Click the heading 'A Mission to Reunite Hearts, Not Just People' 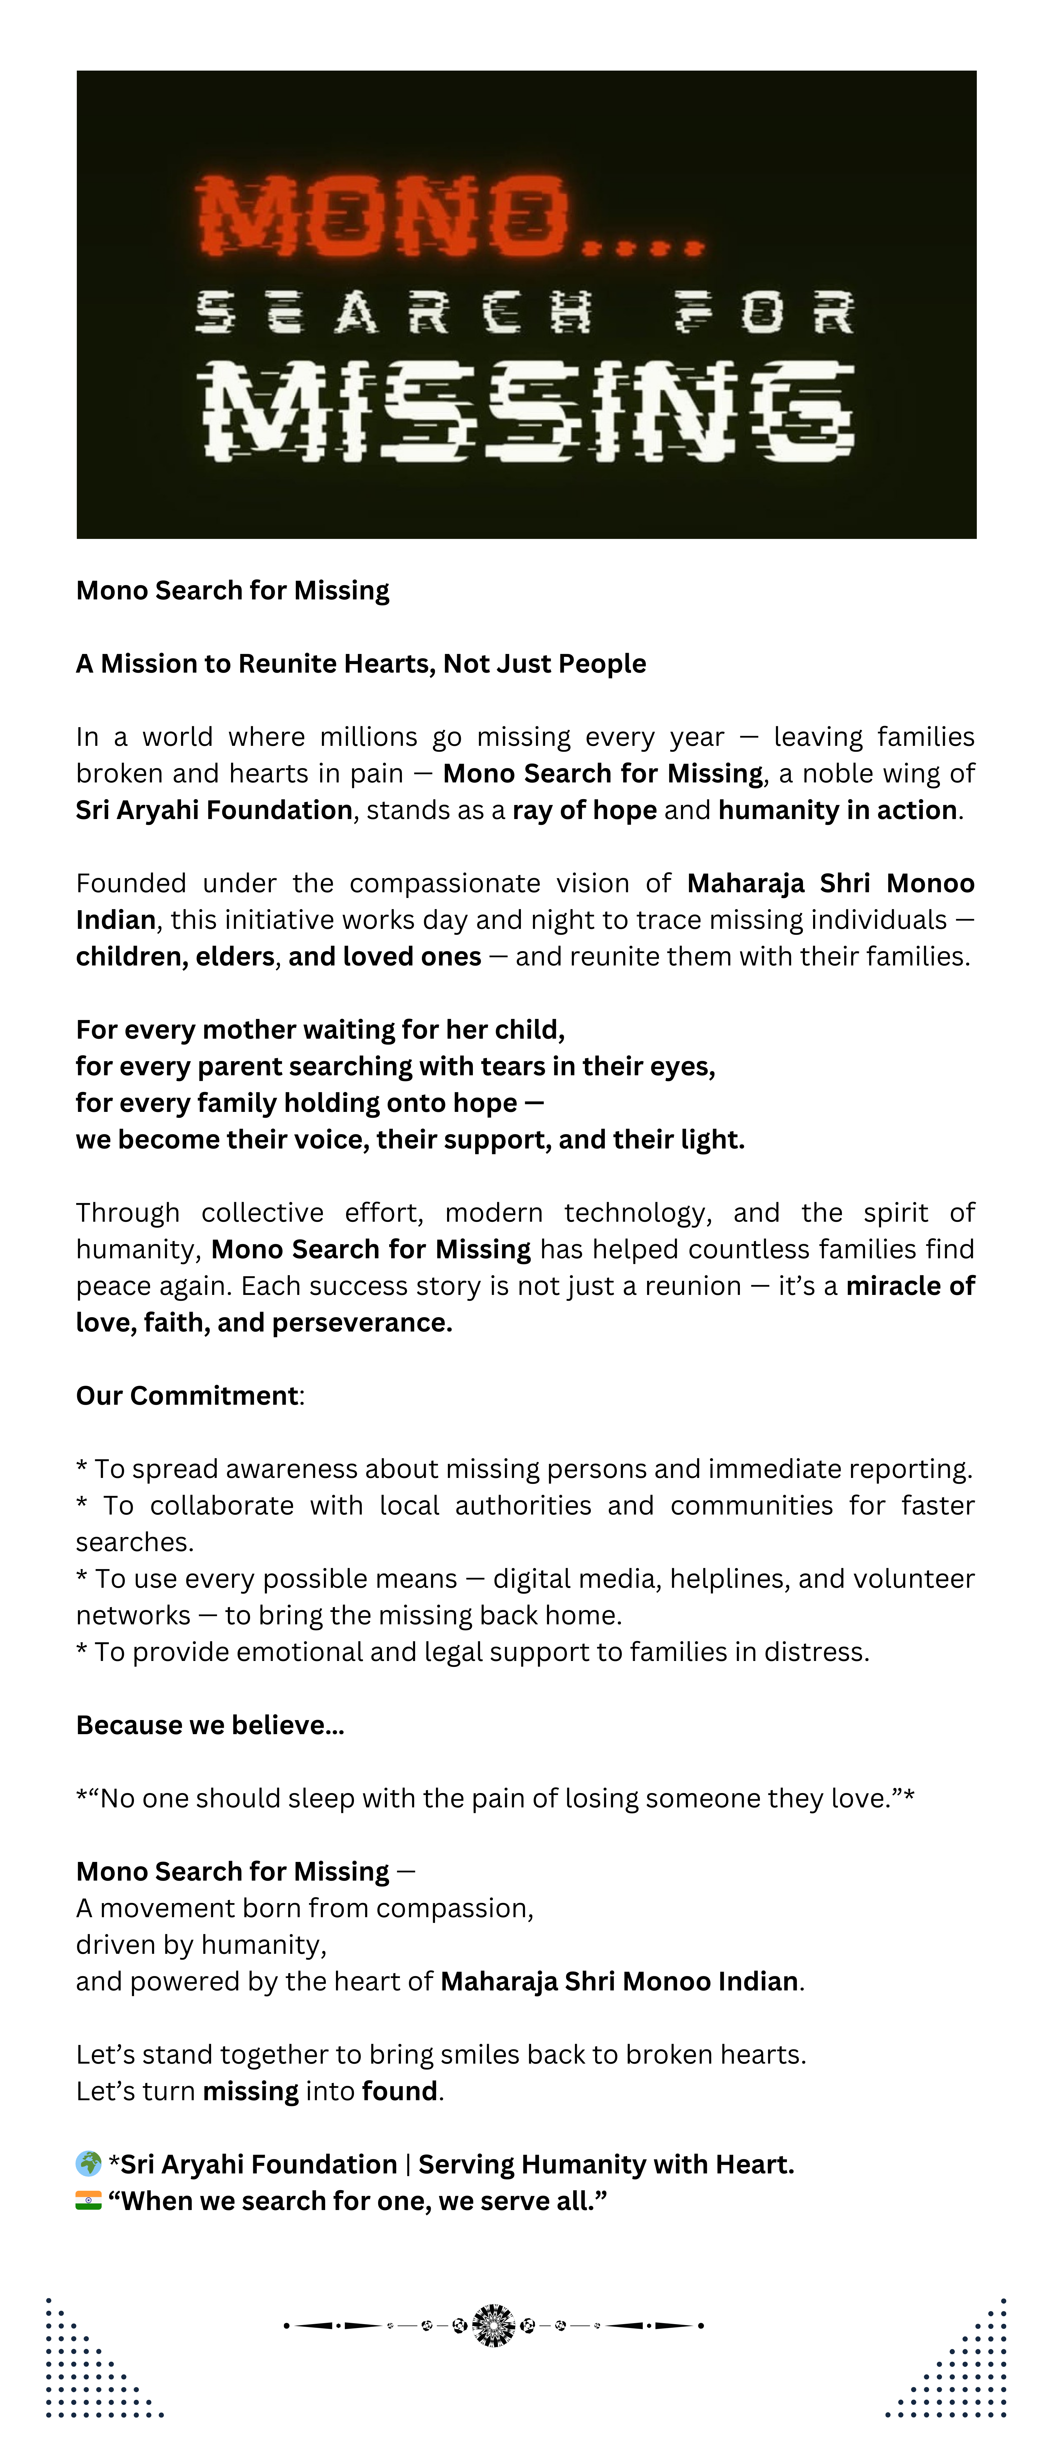point(360,663)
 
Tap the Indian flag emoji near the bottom point(88,2200)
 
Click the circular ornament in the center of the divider point(493,2325)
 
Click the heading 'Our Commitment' point(188,1396)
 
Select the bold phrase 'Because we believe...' point(209,1725)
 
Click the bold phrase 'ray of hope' point(584,810)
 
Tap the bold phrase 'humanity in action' point(838,810)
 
